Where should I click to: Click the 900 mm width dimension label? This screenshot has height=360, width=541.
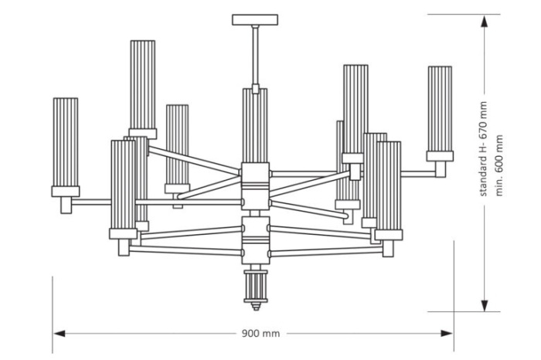coord(259,334)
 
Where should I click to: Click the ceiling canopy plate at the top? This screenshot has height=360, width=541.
coord(253,19)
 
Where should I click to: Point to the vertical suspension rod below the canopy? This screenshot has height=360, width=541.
coord(253,54)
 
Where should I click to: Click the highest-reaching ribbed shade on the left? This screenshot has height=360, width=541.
coord(143,85)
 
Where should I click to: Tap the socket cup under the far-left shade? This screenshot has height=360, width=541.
coord(66,192)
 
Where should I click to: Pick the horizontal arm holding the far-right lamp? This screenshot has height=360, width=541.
coord(417,172)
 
